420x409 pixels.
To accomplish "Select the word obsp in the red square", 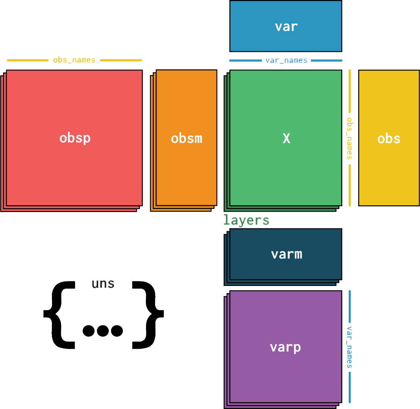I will (x=75, y=138).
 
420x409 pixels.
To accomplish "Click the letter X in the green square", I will (x=286, y=139).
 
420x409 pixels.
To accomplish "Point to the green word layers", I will (x=246, y=220).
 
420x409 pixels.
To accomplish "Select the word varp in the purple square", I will (x=285, y=347).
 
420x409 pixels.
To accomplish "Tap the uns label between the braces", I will (x=103, y=284).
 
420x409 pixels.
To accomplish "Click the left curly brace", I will (x=59, y=314).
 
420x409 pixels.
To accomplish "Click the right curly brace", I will (x=148, y=314).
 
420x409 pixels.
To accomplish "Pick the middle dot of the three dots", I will (x=103, y=331).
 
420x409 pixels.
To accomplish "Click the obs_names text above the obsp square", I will (x=74, y=60).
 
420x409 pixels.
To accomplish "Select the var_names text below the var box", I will (x=286, y=60).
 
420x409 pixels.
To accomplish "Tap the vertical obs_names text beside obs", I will (x=349, y=138).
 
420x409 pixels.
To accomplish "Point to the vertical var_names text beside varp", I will (x=349, y=347).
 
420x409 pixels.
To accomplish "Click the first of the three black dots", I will (x=89, y=331).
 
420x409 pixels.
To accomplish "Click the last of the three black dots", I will (x=117, y=331).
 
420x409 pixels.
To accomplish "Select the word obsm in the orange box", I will (x=186, y=139).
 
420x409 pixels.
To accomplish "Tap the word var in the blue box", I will (x=286, y=27).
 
